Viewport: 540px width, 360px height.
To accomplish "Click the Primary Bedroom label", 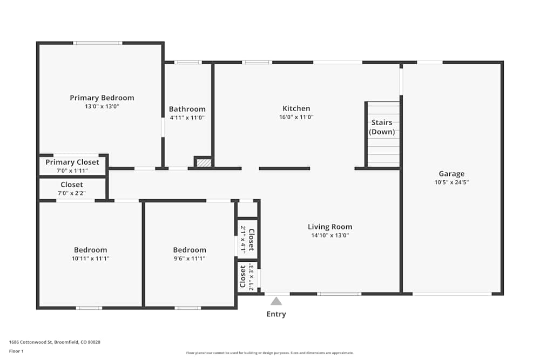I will tap(102, 98).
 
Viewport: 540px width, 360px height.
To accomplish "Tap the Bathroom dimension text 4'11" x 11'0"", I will tap(187, 117).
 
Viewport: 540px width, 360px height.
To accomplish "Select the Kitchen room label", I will tap(296, 108).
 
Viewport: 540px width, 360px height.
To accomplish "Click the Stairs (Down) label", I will tap(382, 127).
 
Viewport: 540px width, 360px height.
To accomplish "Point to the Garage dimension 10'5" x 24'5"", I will tap(451, 182).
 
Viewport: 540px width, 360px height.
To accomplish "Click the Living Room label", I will tap(329, 227).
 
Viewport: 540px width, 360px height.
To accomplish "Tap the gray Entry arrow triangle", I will tap(276, 301).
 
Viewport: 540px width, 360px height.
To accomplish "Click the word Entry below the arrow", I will tap(276, 314).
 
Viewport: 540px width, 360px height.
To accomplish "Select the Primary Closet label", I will tap(72, 162).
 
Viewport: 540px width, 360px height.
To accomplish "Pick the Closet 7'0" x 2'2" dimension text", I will tap(72, 193).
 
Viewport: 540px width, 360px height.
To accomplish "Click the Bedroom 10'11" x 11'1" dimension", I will tap(90, 259).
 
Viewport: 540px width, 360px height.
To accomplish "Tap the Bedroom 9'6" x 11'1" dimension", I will tap(190, 259).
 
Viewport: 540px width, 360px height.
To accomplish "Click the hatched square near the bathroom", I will tap(204, 162).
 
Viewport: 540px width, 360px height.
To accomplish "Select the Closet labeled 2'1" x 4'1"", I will tap(247, 240).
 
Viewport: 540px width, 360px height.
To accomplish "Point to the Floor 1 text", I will tap(16, 351).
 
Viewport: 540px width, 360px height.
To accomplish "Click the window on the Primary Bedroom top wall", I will tap(98, 43).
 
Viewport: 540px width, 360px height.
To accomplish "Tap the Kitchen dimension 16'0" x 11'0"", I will tap(296, 117).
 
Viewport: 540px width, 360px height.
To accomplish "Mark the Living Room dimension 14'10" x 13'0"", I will tap(329, 235).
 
